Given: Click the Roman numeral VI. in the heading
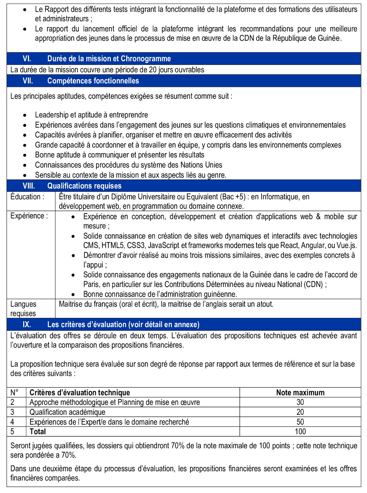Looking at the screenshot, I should [27, 59].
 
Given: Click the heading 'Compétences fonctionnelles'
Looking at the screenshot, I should [93, 81].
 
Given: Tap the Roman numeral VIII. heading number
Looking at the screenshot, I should [29, 186].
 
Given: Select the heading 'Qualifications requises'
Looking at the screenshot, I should [84, 186].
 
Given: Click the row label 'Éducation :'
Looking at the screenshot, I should [27, 197].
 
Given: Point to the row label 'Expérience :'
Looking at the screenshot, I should [29, 216].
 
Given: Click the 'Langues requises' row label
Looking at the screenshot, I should [23, 309].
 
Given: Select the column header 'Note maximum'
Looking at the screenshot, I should [300, 392].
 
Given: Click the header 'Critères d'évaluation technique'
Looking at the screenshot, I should [80, 392].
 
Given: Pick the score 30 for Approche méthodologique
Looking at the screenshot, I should [300, 402].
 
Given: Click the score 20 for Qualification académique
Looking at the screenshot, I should [300, 412].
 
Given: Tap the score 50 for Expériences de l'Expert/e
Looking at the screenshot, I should [300, 422].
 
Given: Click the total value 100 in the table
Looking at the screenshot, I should [300, 432].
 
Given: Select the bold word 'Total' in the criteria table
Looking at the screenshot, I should [38, 432].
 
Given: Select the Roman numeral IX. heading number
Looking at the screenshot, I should [27, 325].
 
